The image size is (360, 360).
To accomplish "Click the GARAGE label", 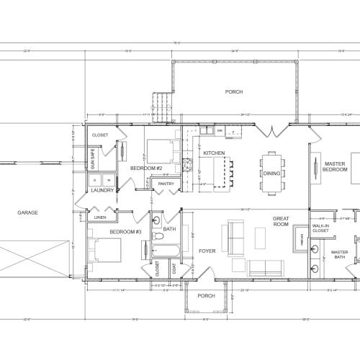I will [x=27, y=212].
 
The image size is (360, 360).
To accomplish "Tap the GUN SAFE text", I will [x=92, y=156].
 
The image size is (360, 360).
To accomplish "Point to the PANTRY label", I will [x=166, y=184].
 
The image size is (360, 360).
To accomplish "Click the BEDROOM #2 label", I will [x=145, y=168].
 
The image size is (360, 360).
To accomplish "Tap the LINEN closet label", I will [x=100, y=217].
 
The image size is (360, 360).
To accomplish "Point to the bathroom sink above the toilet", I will [x=158, y=217].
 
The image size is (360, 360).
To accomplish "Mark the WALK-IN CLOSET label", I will [x=321, y=228].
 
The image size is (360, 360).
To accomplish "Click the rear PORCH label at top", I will [x=234, y=92].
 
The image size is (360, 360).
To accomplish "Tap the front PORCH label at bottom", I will [x=206, y=295].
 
